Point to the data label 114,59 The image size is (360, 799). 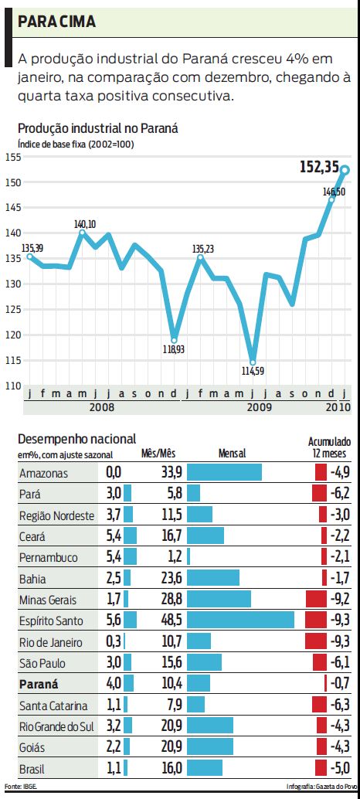(x=253, y=372)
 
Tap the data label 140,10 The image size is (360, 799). (x=85, y=224)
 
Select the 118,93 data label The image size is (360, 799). (x=174, y=349)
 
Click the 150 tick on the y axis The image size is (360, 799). (x=11, y=182)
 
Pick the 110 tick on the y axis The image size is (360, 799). (x=11, y=386)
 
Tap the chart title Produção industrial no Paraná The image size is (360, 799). (x=97, y=128)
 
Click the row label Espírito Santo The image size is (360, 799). (x=53, y=620)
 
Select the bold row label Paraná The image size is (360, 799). (x=39, y=683)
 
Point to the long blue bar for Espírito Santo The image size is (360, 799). (x=240, y=620)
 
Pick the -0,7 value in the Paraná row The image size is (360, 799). (x=340, y=683)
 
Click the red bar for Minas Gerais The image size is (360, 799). (x=317, y=599)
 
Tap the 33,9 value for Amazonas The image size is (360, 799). (x=171, y=472)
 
